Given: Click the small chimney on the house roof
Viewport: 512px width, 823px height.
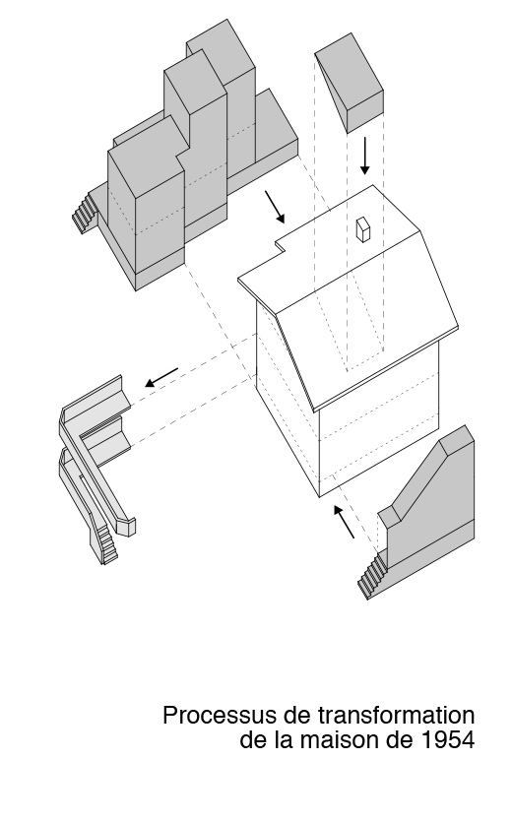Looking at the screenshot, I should [x=362, y=229].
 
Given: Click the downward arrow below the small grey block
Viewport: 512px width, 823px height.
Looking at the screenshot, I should [x=365, y=155].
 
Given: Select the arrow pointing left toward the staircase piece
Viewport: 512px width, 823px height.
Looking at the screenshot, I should [x=161, y=377].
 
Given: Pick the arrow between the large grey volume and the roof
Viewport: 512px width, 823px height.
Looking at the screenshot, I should [x=275, y=205].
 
